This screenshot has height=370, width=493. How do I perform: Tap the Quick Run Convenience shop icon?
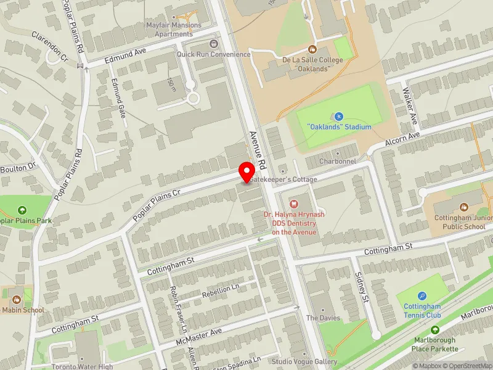pos(214,44)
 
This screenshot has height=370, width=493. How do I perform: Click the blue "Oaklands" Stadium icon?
pos(338,116)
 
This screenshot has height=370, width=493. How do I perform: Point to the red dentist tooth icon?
pos(293,203)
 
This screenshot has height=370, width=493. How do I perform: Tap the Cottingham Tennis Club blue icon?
pos(422,296)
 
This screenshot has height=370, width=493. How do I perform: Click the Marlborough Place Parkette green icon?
pos(436,331)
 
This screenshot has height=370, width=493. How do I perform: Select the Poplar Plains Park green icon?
pos(23,211)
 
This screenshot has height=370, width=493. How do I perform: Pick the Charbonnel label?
pos(338,162)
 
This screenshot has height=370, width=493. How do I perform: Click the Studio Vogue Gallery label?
pos(304,361)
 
